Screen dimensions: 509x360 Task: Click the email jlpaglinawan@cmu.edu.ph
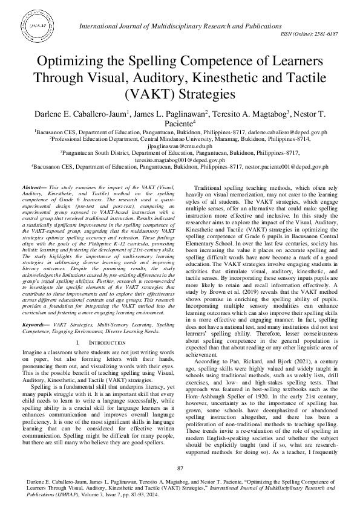coord(180,146)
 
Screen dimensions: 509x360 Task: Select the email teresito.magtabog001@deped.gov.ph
coord(180,161)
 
